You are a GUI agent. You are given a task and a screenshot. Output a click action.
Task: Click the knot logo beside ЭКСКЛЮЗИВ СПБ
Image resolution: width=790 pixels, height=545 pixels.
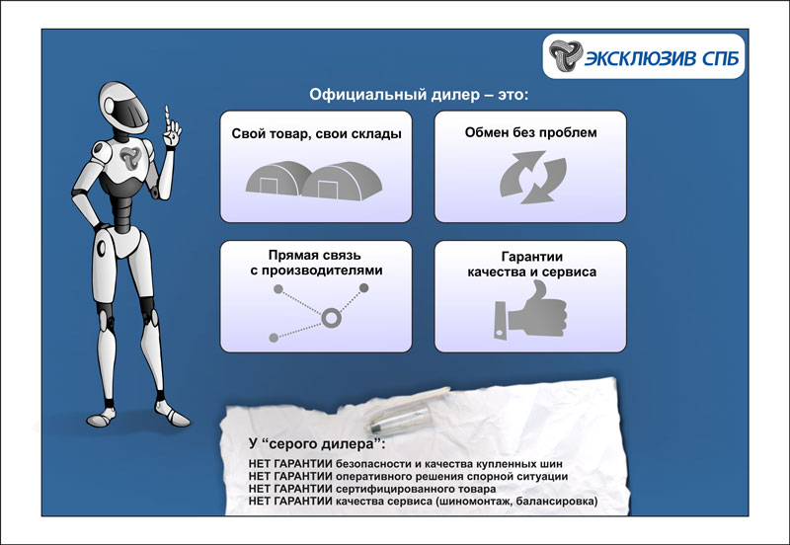coord(566,55)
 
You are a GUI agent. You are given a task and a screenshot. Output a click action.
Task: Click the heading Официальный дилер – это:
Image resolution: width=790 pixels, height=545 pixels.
coord(419,95)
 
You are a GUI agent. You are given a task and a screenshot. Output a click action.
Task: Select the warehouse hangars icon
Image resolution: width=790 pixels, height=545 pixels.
coord(314,181)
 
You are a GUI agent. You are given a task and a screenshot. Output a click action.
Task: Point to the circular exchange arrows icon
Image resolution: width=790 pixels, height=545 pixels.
coord(532,178)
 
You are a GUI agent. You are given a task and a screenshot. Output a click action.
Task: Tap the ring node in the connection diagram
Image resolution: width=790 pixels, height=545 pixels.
coord(331,318)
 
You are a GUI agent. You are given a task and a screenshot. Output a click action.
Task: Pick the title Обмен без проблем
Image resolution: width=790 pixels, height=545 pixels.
coord(530,132)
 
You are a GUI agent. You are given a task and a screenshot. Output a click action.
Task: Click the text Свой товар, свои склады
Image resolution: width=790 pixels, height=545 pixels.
coord(316,134)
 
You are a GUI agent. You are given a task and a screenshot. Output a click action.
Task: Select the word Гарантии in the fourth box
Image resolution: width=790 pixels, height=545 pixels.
coord(531,257)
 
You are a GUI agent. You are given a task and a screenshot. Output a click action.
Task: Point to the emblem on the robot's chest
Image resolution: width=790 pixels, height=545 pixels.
coord(130,158)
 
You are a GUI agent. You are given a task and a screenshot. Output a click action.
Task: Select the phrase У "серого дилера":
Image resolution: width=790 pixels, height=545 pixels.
coord(317,443)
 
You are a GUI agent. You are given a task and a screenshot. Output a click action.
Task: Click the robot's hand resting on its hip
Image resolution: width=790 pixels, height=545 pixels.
coord(100,227)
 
